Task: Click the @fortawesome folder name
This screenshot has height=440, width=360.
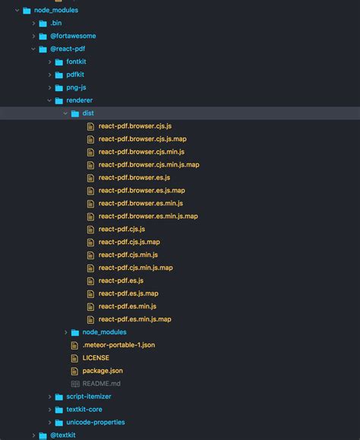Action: click(x=73, y=36)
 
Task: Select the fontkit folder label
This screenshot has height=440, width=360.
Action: click(x=76, y=62)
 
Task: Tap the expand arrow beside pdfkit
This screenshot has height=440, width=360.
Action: click(x=49, y=74)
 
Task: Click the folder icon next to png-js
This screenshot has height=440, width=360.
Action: click(x=59, y=88)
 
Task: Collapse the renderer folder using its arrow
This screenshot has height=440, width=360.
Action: click(x=49, y=100)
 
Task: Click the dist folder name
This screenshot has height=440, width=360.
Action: click(x=88, y=113)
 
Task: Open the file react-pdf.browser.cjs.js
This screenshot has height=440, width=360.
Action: click(x=135, y=126)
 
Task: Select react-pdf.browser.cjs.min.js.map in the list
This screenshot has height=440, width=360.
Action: click(x=149, y=165)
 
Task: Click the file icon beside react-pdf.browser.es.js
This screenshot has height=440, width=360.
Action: click(x=90, y=178)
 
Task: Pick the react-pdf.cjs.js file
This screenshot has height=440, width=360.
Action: click(x=122, y=229)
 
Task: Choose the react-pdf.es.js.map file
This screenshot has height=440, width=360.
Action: click(x=128, y=293)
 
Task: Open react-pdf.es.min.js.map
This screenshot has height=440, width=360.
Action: click(x=134, y=319)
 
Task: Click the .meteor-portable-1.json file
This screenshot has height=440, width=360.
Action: click(x=118, y=345)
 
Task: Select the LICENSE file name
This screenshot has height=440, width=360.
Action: click(x=96, y=358)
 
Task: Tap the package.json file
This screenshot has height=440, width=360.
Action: click(x=103, y=371)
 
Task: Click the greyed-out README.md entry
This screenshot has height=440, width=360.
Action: click(x=101, y=384)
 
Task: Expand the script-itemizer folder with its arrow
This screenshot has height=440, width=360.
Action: click(x=49, y=397)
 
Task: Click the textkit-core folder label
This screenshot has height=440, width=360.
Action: click(x=84, y=410)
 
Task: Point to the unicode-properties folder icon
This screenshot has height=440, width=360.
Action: click(x=59, y=423)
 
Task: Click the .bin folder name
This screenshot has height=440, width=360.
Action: click(x=55, y=23)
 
